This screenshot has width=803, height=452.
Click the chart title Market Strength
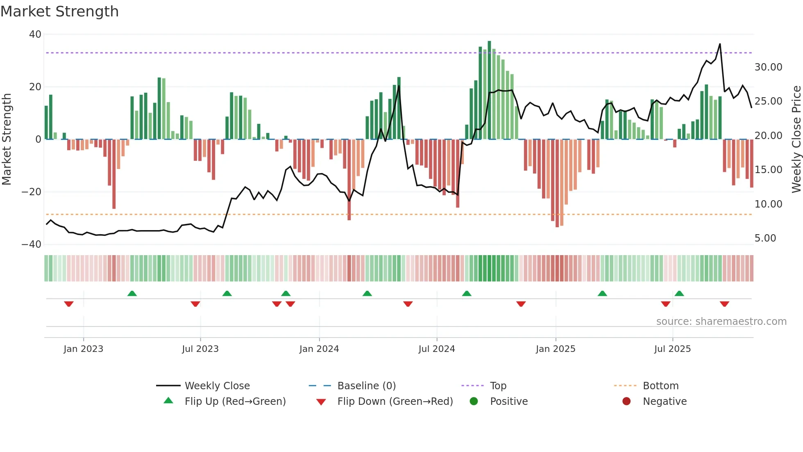pos(59,11)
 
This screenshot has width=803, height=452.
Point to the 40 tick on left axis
pos(35,34)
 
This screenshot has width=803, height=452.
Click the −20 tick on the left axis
pos(32,192)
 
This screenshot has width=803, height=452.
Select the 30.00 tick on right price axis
pos(768,67)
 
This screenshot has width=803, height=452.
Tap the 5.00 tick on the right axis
pos(765,238)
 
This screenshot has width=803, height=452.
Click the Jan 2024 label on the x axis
pos(319,349)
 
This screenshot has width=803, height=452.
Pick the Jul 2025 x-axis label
pos(672,349)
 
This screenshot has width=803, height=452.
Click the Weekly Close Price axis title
pos(796,139)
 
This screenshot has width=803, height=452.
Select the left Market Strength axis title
pos(7,139)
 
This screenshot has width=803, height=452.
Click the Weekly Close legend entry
pos(217,386)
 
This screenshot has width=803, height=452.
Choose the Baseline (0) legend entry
pos(366,386)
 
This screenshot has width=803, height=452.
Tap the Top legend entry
pos(498,386)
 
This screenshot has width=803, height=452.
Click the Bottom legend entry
pos(660,386)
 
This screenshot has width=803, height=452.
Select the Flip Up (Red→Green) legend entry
pos(235,402)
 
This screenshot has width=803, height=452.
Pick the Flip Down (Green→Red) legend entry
pos(395,402)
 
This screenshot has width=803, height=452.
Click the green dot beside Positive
pos(474,402)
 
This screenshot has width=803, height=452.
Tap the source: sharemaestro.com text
pos(721,322)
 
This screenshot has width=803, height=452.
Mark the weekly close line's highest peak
pos(720,44)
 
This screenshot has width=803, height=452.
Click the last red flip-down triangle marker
pos(724,304)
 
